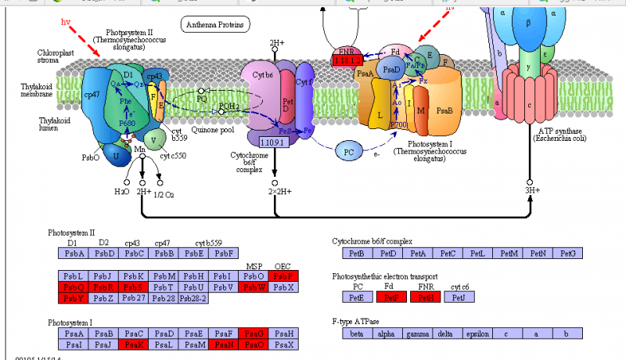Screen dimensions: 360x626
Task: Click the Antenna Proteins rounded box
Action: (215, 25)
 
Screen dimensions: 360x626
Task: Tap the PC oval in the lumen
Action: (349, 150)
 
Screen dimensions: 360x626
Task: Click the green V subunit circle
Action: (156, 141)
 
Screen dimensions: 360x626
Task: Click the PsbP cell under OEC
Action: (282, 276)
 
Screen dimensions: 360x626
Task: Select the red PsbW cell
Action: (253, 287)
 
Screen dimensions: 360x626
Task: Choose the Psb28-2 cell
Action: (193, 298)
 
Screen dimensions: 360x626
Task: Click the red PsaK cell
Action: (134, 345)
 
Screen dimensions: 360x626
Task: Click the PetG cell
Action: (568, 254)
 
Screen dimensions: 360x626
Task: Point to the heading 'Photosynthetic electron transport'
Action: (384, 277)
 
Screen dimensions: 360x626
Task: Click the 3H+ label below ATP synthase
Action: (532, 190)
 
